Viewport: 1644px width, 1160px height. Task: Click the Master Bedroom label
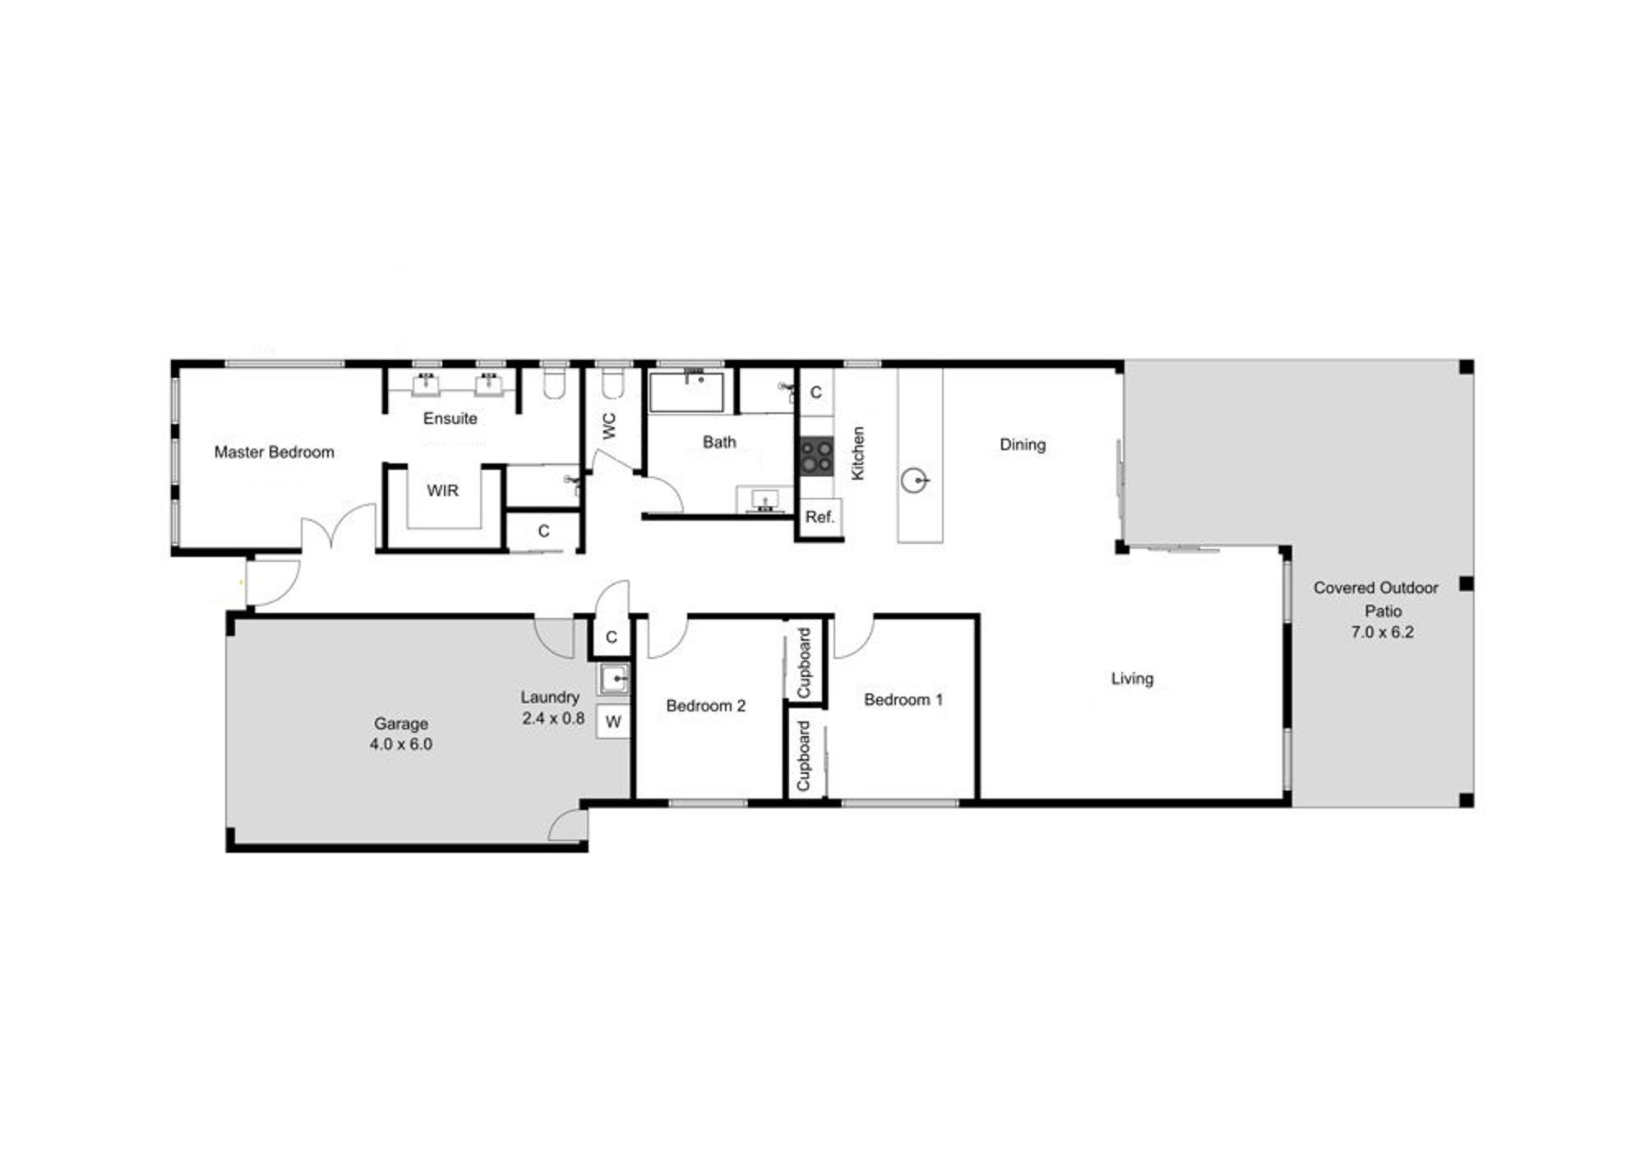pos(274,452)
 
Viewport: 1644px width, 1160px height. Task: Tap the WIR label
pos(442,490)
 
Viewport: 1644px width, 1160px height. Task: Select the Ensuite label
pos(450,418)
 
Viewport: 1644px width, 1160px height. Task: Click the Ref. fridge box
pos(820,518)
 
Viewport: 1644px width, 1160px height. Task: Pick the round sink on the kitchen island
pos(914,480)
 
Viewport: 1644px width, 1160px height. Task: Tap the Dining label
pos(1023,444)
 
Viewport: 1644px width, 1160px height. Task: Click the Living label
pos(1132,679)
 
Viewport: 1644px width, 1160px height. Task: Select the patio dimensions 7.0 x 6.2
pos(1382,632)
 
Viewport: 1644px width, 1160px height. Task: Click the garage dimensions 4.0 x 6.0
pos(400,744)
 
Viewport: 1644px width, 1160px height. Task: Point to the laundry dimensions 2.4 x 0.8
pos(552,718)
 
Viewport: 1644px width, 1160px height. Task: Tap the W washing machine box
pos(612,722)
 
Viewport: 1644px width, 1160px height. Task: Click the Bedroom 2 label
pos(705,706)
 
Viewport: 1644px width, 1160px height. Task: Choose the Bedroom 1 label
pos(903,700)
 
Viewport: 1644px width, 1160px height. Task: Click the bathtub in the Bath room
pos(686,392)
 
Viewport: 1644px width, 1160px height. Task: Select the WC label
pos(609,426)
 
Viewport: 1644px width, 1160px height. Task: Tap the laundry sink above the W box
pos(613,679)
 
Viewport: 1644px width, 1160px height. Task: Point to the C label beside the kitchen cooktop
pos(815,392)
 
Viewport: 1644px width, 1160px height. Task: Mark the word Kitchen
pos(857,453)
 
